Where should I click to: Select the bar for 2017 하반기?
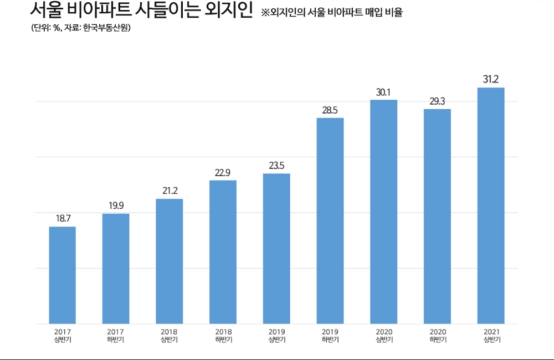(x=116, y=269)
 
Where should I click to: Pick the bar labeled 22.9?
(x=223, y=252)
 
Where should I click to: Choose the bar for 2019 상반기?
(x=276, y=249)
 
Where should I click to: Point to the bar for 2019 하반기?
(x=330, y=221)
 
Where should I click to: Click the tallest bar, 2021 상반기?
(x=491, y=205)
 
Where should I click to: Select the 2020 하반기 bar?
(x=437, y=217)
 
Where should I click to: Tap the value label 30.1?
(x=383, y=92)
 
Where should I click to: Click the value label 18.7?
(x=63, y=219)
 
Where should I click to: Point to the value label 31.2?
(x=491, y=80)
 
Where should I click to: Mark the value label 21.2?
(x=170, y=191)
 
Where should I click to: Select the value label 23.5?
(x=276, y=166)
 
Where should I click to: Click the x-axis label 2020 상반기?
(x=383, y=336)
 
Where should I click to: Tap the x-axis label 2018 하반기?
(x=223, y=336)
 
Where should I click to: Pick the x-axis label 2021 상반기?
(x=491, y=336)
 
